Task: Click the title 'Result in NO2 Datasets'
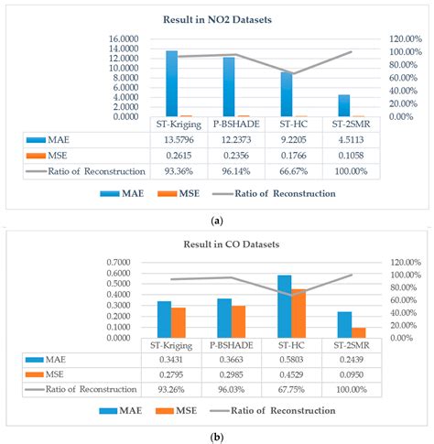tap(218, 19)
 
